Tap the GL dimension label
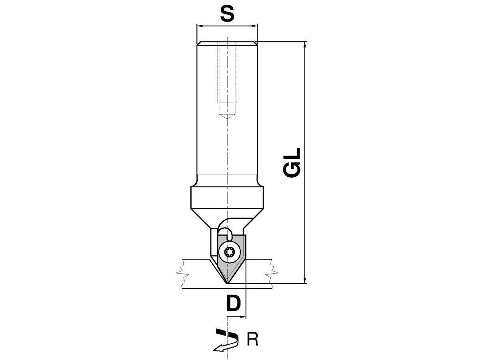click(x=292, y=162)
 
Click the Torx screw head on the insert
click(x=230, y=252)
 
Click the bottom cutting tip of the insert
click(x=227, y=284)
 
